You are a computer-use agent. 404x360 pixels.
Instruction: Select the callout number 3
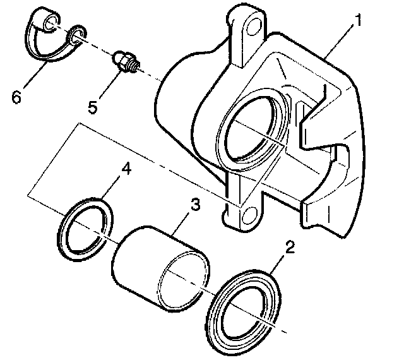click(196, 206)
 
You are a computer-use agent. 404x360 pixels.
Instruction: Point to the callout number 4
click(127, 171)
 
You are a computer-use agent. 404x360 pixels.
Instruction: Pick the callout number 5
click(93, 105)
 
